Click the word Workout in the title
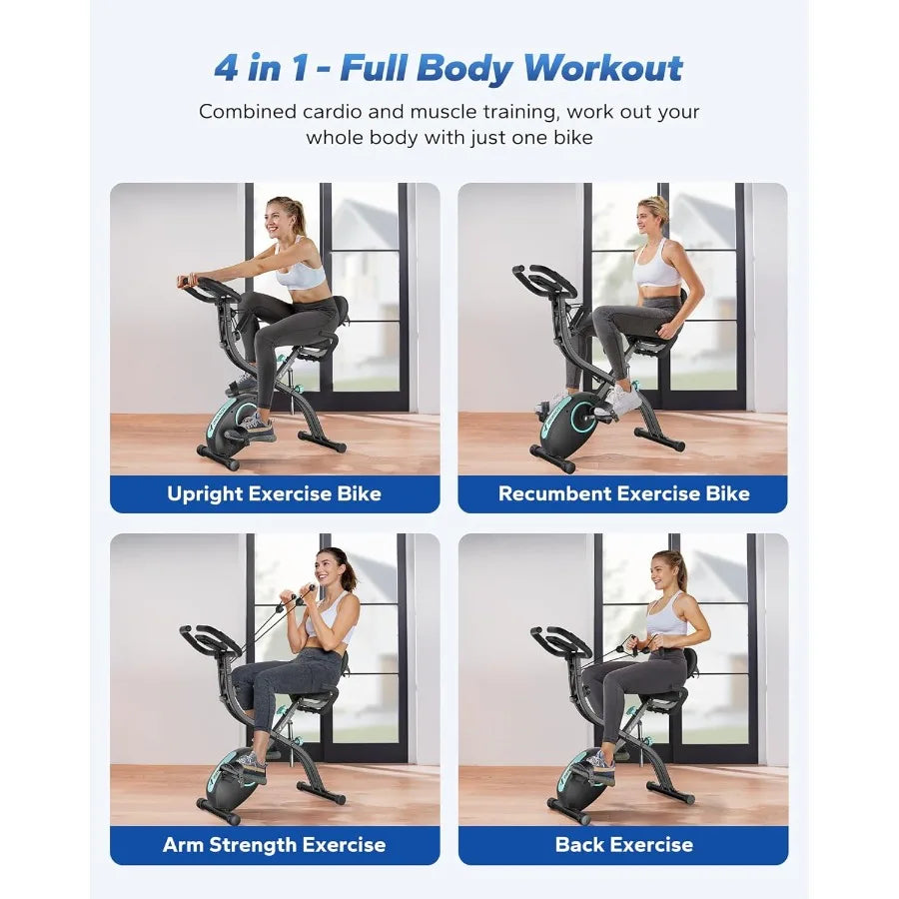tap(603, 68)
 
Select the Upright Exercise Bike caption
tap(274, 493)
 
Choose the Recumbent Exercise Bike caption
tap(623, 493)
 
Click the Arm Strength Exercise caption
tap(274, 845)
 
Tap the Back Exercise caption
tap(623, 845)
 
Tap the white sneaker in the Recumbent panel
tap(622, 401)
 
